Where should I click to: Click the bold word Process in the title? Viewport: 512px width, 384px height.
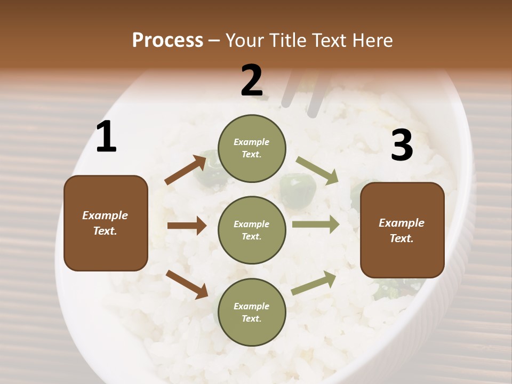pos(167,40)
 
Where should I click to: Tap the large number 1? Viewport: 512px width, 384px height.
pos(106,137)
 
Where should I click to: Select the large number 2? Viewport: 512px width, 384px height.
pos(252,81)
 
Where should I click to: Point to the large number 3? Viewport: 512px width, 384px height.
pos(402,145)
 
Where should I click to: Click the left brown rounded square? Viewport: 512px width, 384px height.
pos(106,223)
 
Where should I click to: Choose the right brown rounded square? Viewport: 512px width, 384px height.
pos(402,230)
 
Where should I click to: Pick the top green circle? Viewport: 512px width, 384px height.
pos(252,148)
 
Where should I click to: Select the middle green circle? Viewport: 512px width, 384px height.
pos(252,230)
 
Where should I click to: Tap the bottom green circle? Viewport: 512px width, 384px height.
pos(252,312)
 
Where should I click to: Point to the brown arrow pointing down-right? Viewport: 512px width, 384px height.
pos(187,284)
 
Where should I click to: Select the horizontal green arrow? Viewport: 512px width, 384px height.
pos(316,224)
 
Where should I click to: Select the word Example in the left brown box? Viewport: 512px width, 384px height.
pos(105,215)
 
